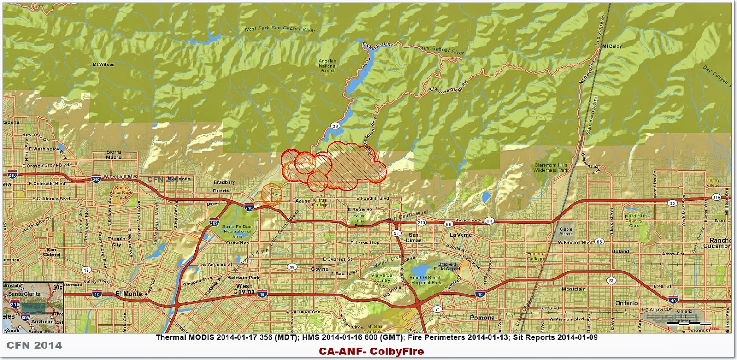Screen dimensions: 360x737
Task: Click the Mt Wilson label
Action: click(103, 64)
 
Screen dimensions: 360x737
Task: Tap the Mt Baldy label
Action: click(611, 46)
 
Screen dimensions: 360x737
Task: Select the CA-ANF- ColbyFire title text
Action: click(371, 352)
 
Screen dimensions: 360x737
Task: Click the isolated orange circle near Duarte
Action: click(271, 194)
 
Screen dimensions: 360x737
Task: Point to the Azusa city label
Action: click(303, 201)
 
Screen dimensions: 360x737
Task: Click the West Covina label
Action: click(244, 289)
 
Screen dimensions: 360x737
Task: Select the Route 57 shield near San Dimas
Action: click(397, 234)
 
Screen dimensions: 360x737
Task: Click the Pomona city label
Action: click(482, 318)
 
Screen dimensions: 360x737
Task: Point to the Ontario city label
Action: click(626, 303)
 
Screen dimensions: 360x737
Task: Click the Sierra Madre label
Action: click(114, 155)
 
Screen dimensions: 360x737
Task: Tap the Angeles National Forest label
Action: click(328, 66)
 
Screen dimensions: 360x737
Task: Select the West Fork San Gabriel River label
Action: click(280, 29)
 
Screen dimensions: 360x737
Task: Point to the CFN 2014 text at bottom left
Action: click(34, 345)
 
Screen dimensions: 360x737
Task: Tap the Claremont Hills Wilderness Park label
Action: click(550, 168)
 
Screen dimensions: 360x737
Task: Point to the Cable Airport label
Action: click(566, 232)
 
